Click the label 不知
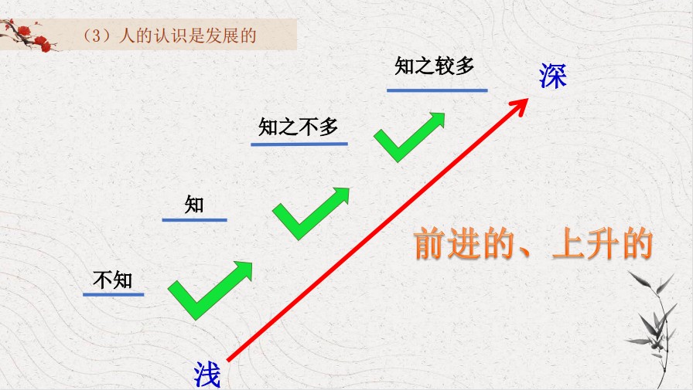coord(113,280)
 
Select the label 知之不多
coord(299,127)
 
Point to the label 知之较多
coord(434,66)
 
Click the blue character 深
coord(552,76)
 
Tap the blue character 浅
coord(207,375)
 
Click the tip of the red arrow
coord(528,98)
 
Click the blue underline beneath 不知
coord(114,294)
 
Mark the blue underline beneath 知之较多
coord(437,90)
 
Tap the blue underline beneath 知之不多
coord(299,144)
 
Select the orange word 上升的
coord(603,242)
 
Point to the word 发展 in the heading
coord(222,36)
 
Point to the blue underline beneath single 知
coord(194,219)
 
